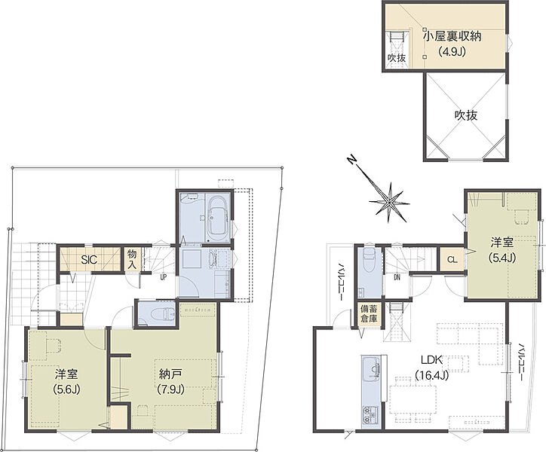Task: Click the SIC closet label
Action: coord(89,260)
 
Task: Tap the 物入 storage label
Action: coord(132,258)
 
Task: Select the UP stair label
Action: coord(163,278)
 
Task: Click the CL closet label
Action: coord(452,260)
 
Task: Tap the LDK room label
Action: coord(432,360)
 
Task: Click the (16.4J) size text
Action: coord(432,375)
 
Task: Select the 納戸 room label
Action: coord(170,374)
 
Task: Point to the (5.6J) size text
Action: coord(66,389)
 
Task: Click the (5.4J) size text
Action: coord(502,258)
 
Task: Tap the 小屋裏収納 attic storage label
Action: coord(452,36)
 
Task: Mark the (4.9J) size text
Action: coord(452,52)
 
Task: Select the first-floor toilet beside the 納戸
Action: coord(163,314)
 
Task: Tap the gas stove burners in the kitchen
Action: coord(371,414)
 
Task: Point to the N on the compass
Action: coord(352,160)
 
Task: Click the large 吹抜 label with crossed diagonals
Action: coord(466,115)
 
